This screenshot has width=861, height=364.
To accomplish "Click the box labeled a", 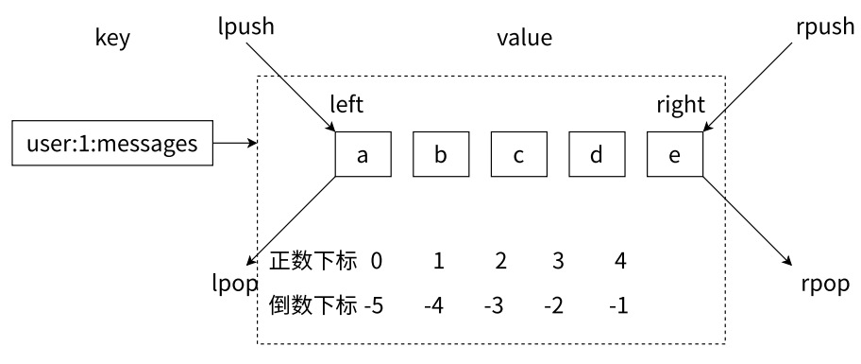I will pyautogui.click(x=362, y=155).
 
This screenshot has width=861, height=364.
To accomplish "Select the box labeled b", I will pyautogui.click(x=440, y=155).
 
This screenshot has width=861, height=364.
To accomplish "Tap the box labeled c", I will pyautogui.click(x=518, y=155).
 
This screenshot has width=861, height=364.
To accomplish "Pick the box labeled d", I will pyautogui.click(x=596, y=155).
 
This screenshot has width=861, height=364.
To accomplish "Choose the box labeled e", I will pyautogui.click(x=674, y=155).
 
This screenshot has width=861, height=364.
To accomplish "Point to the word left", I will pyautogui.click(x=346, y=103).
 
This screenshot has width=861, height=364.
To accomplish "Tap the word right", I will pyautogui.click(x=681, y=103).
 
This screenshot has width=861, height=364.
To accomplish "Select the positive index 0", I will pyautogui.click(x=376, y=260).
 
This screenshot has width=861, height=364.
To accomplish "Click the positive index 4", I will pyautogui.click(x=618, y=260).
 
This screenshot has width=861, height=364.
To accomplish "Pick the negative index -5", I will pyautogui.click(x=374, y=306).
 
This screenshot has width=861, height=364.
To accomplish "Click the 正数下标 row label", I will pyautogui.click(x=313, y=260).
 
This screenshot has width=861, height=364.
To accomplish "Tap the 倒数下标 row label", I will pyautogui.click(x=313, y=306).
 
